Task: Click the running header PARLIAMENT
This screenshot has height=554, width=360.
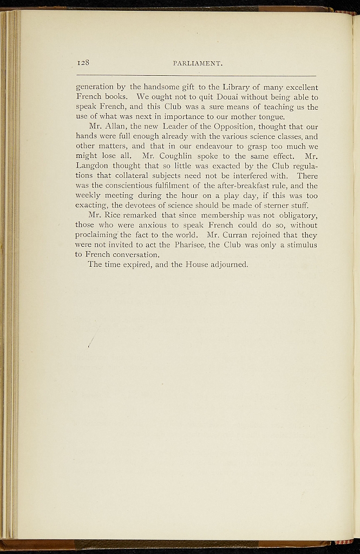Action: (x=198, y=64)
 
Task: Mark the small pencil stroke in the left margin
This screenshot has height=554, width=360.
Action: (x=90, y=340)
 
